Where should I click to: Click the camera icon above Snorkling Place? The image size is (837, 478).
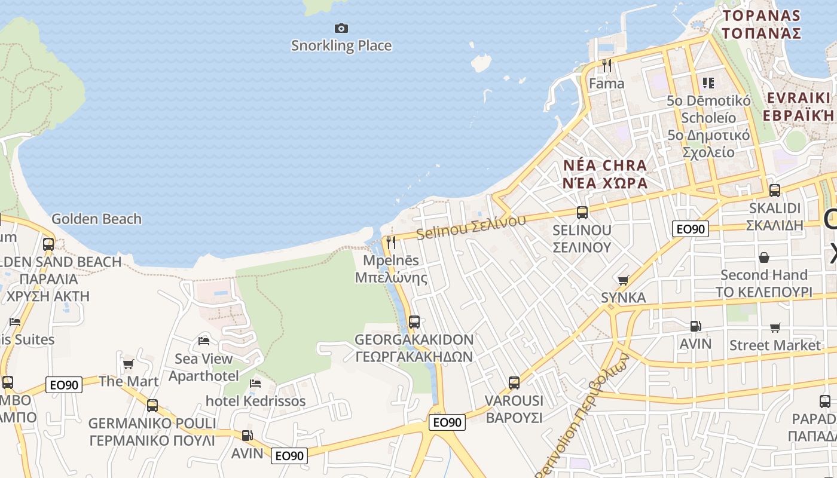coord(341,28)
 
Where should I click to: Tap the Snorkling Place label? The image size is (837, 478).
coord(341,45)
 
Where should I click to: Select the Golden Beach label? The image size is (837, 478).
coord(96,219)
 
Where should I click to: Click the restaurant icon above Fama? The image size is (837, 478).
coord(607,65)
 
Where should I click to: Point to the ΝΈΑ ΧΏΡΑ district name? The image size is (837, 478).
coord(605,183)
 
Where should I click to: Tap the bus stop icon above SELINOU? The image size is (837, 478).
coord(582,212)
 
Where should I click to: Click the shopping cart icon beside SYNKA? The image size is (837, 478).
coord(624,280)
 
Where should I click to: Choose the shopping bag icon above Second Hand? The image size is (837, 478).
coord(764,258)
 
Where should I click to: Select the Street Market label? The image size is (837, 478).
coord(775,345)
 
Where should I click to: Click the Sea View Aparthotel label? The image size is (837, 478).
coord(203,367)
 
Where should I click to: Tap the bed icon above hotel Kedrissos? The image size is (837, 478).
coord(255,383)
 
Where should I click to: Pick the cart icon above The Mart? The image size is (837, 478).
coord(128,364)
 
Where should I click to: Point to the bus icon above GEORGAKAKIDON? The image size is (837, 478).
coord(414,322)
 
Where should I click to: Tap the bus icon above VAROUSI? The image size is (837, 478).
coord(514,383)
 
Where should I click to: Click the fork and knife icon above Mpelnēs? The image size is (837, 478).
coord(391,242)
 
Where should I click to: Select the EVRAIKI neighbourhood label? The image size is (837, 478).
coord(799,98)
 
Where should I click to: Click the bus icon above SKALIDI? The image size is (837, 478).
coord(775,191)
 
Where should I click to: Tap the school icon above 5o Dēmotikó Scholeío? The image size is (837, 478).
coord(708,82)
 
